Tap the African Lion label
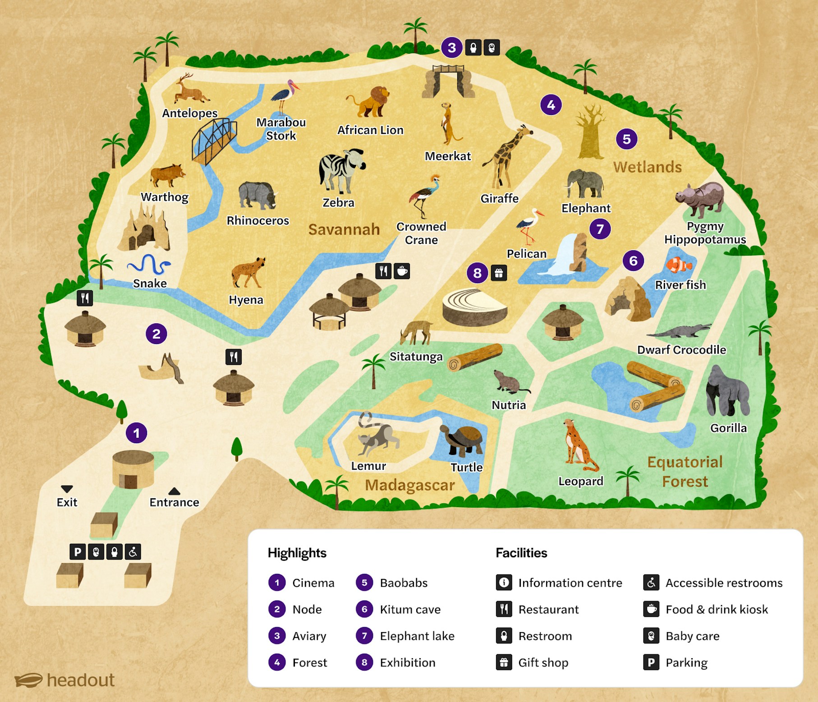point(370,130)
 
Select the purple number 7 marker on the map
point(600,229)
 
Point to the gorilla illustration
point(726,391)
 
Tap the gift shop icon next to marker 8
point(499,273)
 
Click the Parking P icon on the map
point(78,551)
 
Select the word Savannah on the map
point(344,229)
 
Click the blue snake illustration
point(149,265)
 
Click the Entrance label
point(174,502)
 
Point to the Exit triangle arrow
point(67,489)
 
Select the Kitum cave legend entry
point(409,610)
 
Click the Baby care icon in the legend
point(651,636)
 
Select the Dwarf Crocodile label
point(681,350)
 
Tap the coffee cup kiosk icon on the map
point(402,271)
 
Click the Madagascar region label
point(409,485)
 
